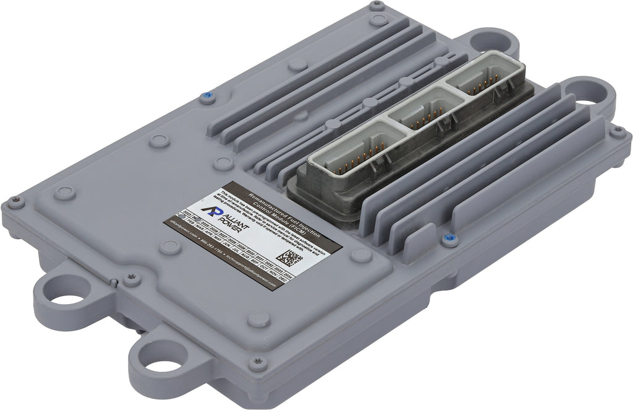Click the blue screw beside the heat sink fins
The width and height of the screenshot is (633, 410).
(x=447, y=237)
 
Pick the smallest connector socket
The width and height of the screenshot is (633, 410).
(x=485, y=79)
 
